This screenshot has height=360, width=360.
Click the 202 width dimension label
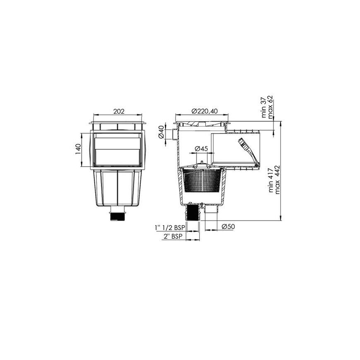(x=119, y=111)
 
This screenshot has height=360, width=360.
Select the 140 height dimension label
(x=79, y=149)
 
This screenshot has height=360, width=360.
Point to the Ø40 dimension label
(x=161, y=132)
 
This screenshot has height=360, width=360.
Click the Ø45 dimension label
(x=201, y=149)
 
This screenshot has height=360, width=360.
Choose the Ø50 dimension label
(x=228, y=227)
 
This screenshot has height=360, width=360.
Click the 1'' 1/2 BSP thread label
(x=170, y=228)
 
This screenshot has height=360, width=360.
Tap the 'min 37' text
(x=264, y=108)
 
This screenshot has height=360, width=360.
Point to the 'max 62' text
(x=271, y=108)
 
